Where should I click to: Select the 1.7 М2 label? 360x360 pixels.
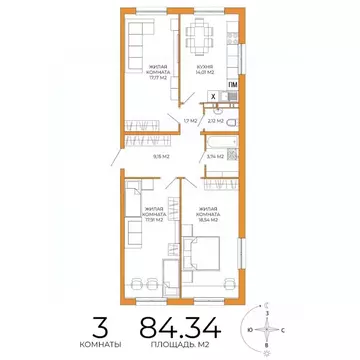click(x=189, y=121)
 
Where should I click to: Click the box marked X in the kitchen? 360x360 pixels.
click(x=212, y=96)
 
